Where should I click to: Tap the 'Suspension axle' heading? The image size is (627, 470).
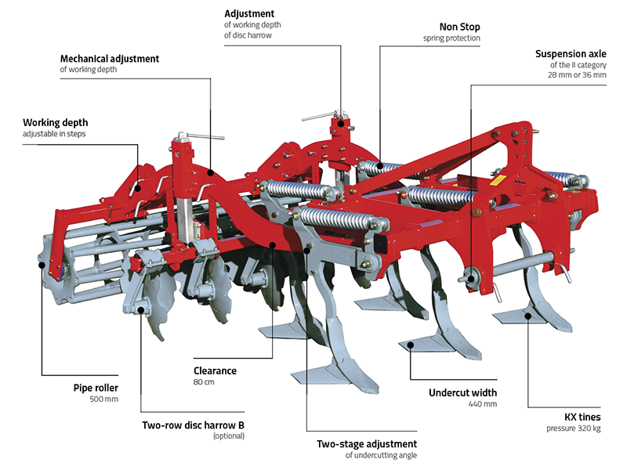tap(571, 54)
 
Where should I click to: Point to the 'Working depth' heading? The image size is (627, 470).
tap(55, 123)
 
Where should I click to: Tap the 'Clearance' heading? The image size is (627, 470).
tap(215, 371)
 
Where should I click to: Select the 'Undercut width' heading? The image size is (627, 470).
tap(462, 392)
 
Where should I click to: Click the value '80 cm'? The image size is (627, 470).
tap(204, 382)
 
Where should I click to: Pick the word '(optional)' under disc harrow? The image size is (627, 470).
tap(228, 436)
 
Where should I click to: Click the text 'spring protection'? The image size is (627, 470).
tap(451, 38)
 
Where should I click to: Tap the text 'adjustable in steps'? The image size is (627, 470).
tap(55, 135)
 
